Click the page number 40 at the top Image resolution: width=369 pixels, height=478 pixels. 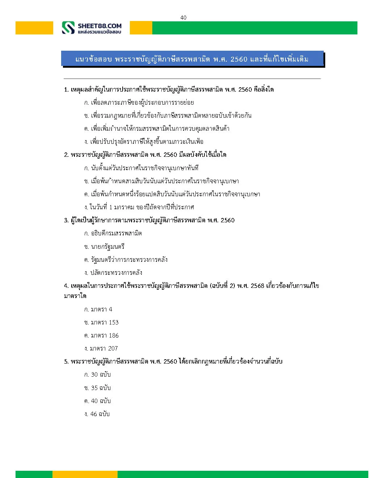[183, 17]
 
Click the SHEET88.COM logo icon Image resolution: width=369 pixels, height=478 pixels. [68, 28]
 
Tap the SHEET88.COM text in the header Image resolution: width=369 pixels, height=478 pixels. [99, 26]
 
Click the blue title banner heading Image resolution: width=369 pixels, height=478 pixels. [192, 59]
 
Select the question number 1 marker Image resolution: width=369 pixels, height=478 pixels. [66, 89]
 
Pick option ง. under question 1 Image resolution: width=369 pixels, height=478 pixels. [144, 142]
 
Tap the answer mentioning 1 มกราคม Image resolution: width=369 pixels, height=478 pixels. [139, 207]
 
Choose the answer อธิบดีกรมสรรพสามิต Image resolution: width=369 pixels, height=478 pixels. [113, 233]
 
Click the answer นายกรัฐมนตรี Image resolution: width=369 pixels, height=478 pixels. [104, 247]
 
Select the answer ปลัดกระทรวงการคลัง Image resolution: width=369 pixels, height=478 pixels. [113, 273]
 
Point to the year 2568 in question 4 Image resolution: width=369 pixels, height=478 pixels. [257, 286]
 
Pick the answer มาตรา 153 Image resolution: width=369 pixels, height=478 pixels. [101, 322]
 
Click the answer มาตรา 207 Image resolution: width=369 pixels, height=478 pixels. [101, 348]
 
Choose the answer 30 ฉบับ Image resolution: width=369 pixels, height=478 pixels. [97, 374]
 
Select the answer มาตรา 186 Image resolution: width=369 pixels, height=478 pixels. [101, 335]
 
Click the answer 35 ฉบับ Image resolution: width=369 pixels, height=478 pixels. [97, 388]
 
